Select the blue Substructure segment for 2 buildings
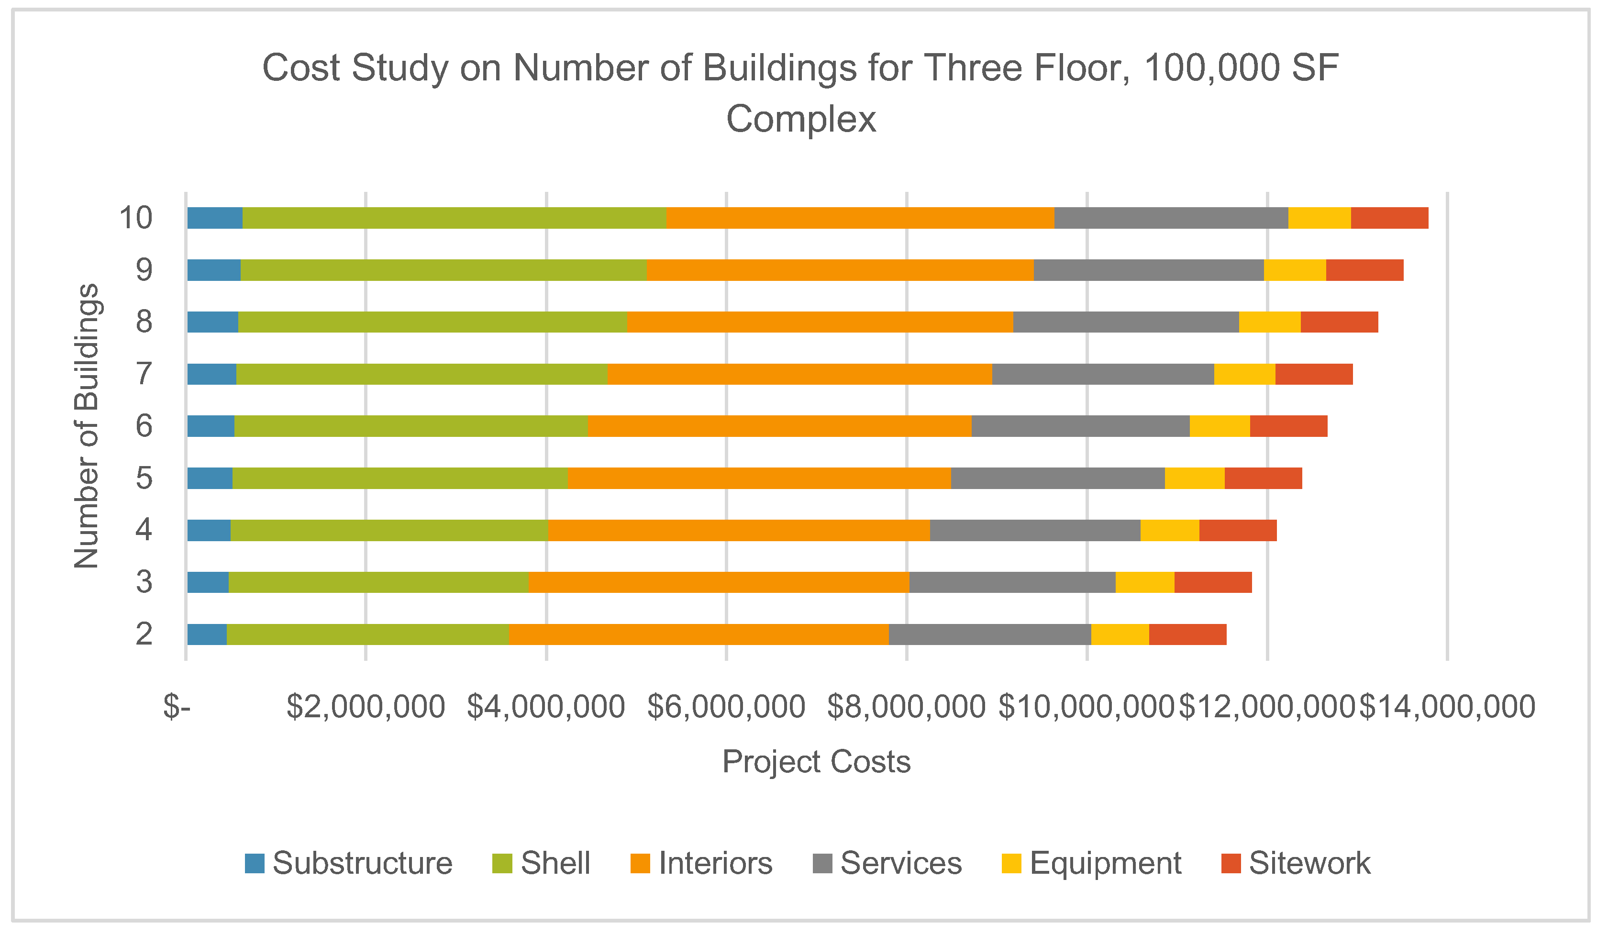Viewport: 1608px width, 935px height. pyautogui.click(x=207, y=634)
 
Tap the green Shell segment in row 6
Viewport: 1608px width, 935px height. pyautogui.click(x=410, y=426)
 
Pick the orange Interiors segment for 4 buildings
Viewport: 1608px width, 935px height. pyautogui.click(x=738, y=530)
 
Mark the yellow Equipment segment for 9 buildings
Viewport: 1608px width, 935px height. pyautogui.click(x=1294, y=270)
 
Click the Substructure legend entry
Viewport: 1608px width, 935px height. pyautogui.click(x=348, y=863)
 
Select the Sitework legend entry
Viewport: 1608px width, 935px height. pyautogui.click(x=1295, y=863)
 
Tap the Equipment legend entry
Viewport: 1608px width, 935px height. pyautogui.click(x=1091, y=863)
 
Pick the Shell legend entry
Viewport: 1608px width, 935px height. pyautogui.click(x=542, y=863)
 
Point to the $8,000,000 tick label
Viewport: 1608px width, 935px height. pyautogui.click(x=906, y=707)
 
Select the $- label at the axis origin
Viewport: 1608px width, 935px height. pyautogui.click(x=177, y=707)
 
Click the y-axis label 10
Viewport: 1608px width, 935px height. pyautogui.click(x=136, y=218)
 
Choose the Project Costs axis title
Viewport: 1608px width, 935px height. pyautogui.click(x=816, y=761)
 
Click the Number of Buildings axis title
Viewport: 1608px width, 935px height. pyautogui.click(x=86, y=426)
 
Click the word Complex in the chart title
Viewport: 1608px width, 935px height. pyautogui.click(x=801, y=119)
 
